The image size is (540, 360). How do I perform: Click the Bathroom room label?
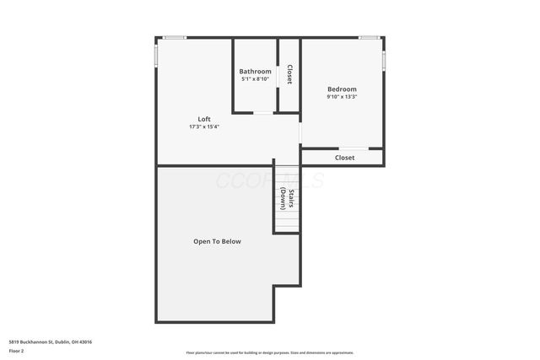[255, 72]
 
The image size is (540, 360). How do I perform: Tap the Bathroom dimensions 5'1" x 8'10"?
[255, 79]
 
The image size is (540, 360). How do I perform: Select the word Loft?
[204, 119]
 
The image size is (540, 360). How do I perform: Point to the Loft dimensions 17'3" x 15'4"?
[204, 126]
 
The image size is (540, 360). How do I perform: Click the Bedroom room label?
[342, 89]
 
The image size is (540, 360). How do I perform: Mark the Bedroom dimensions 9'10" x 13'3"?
[342, 97]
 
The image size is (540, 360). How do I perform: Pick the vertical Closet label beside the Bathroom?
[289, 75]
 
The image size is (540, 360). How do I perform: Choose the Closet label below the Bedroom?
[344, 158]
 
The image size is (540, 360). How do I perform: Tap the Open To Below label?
[217, 242]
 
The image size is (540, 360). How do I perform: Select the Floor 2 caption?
[18, 350]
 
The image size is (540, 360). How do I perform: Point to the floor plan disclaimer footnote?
[270, 352]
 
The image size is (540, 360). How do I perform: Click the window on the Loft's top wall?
[175, 37]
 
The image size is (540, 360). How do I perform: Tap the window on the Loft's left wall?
[156, 54]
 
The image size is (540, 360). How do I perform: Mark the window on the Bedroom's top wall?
[369, 37]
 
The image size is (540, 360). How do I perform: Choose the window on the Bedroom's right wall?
[384, 61]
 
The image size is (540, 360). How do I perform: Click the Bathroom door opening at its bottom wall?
[264, 112]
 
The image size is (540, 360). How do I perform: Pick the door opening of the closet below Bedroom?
[354, 149]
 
